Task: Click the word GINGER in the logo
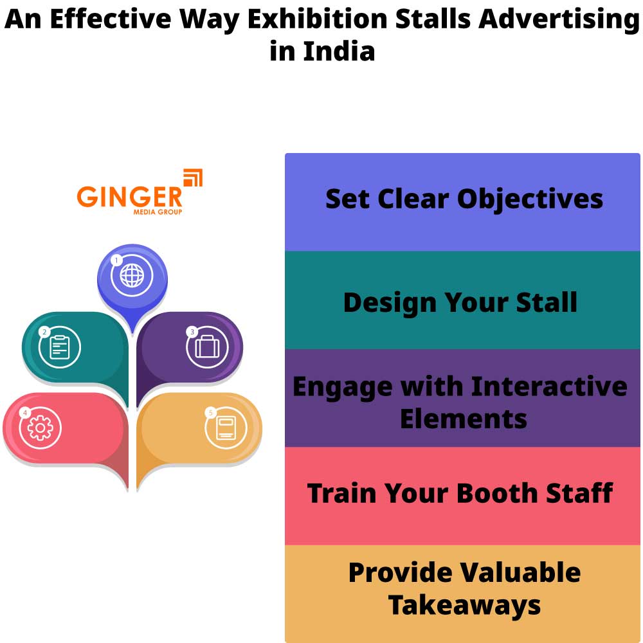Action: click(x=129, y=197)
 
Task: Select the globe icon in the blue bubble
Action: click(x=132, y=275)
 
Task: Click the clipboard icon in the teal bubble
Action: click(x=60, y=347)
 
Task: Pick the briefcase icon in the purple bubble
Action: click(x=207, y=347)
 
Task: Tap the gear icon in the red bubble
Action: click(x=41, y=427)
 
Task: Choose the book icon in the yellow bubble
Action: click(x=226, y=428)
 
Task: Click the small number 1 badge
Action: click(x=116, y=260)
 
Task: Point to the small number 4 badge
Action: click(x=25, y=412)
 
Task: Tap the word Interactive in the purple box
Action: click(x=549, y=386)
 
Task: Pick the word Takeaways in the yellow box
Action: click(x=464, y=606)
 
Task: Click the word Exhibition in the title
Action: click(x=318, y=20)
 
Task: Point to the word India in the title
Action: click(x=339, y=51)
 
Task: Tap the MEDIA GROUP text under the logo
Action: click(x=158, y=212)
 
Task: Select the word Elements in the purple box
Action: click(x=463, y=419)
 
